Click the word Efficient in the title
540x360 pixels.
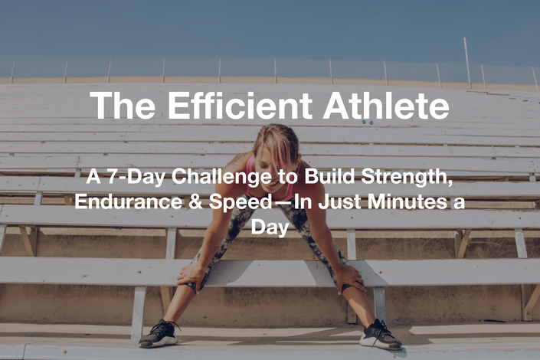pos(240,106)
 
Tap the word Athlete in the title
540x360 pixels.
pos(386,106)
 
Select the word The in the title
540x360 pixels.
pos(123,106)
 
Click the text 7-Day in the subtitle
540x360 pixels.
pos(136,178)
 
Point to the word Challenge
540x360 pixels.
pos(222,178)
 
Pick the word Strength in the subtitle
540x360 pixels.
pos(407,177)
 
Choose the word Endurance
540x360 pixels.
pos(129,202)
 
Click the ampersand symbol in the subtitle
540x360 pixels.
pos(195,202)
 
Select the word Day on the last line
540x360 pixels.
pos(270,228)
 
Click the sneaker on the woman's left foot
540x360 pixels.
pos(380,335)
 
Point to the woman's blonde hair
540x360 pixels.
pos(277,146)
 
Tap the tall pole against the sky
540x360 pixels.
pos(467,63)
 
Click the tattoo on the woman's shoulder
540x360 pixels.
pos(237,159)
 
